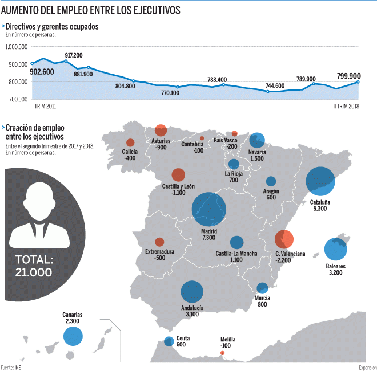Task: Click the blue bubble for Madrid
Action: tap(208, 209)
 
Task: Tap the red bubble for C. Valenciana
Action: tap(284, 239)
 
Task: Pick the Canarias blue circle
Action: tap(73, 336)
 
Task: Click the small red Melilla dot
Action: tap(223, 353)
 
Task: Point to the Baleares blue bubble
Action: tap(335, 249)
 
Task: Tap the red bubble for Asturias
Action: tap(161, 130)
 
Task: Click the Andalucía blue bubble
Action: tap(192, 292)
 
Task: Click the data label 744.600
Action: tap(275, 86)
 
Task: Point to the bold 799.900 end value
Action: tap(348, 76)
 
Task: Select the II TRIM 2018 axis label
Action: tap(346, 106)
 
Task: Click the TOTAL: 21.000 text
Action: tap(34, 266)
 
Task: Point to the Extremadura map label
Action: tap(159, 251)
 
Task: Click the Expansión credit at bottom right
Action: tap(367, 367)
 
